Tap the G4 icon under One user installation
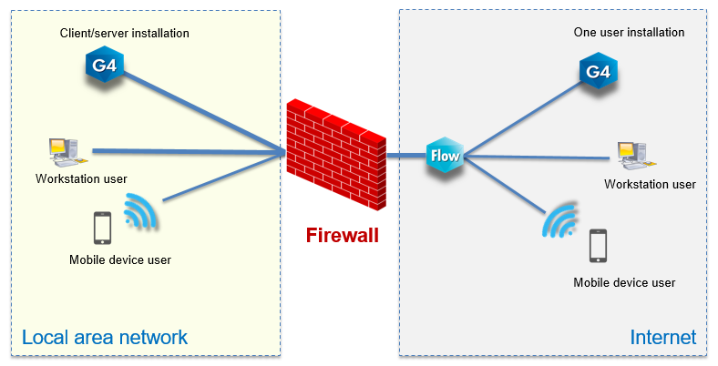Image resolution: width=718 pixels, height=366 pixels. point(598,72)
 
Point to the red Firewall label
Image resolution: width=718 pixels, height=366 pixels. point(342,237)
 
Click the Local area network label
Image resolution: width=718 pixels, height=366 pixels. point(104,337)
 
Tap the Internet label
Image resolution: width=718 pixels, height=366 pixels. point(662,337)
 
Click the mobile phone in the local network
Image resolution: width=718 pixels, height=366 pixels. point(102,228)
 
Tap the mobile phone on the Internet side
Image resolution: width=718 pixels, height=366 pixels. point(598,245)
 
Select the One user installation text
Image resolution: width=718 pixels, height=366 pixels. point(629,33)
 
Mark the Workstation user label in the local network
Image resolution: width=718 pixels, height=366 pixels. point(81,178)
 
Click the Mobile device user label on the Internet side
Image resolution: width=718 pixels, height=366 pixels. point(624,282)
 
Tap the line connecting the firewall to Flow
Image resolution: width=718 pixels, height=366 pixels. point(405,156)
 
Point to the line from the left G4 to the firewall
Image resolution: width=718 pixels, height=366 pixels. point(200,110)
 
